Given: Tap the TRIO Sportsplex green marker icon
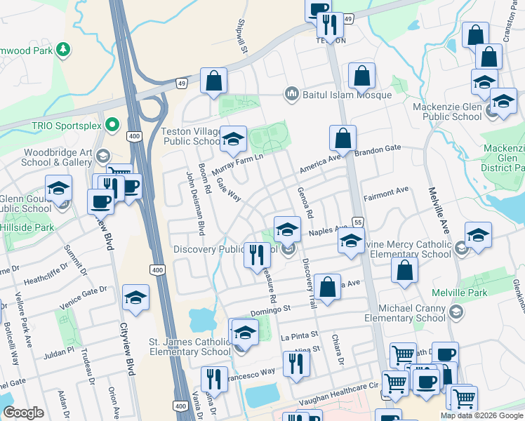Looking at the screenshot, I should pyautogui.click(x=112, y=126).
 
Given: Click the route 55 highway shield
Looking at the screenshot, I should pyautogui.click(x=357, y=221).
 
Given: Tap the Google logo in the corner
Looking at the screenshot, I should pyautogui.click(x=24, y=413).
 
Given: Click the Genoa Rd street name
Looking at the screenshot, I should pyautogui.click(x=305, y=201).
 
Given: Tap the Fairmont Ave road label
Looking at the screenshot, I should pyautogui.click(x=386, y=190).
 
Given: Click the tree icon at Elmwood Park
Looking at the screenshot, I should pyautogui.click(x=63, y=49).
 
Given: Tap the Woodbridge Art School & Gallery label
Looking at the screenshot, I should pyautogui.click(x=58, y=157).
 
